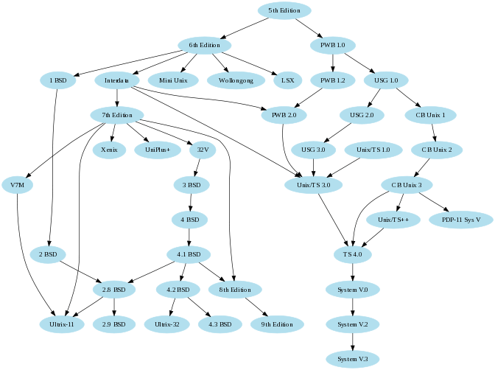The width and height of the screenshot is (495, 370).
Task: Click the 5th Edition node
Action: [x=284, y=10]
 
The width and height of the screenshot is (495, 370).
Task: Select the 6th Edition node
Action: [x=205, y=46]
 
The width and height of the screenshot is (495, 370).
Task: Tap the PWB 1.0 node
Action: [x=333, y=46]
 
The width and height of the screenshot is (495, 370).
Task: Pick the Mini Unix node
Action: [x=173, y=80]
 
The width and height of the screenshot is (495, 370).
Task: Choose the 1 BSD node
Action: [x=58, y=80]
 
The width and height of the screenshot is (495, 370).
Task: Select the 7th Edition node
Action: [x=117, y=115]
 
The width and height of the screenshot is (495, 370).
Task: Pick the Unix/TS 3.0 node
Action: [x=314, y=185]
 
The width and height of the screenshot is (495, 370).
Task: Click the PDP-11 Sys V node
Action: [x=461, y=220]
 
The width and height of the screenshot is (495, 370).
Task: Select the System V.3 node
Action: [x=353, y=359]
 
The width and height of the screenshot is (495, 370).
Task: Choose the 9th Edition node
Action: [x=277, y=324]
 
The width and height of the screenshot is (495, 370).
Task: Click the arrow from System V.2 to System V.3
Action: [x=353, y=341]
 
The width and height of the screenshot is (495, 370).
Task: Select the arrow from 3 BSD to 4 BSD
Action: [x=192, y=202]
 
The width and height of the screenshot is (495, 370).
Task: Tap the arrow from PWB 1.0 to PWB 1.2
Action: [x=333, y=63]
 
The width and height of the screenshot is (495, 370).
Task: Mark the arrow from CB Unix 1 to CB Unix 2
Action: [x=435, y=133]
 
